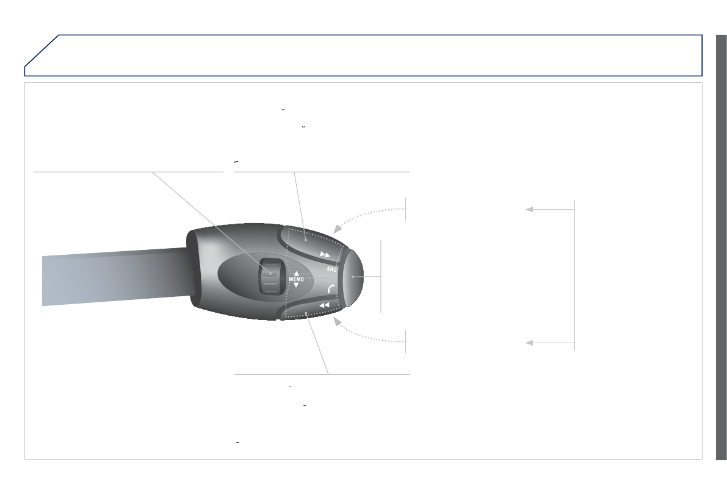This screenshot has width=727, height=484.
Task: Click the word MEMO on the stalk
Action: tap(296, 279)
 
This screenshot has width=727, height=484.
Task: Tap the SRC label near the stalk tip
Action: tap(331, 269)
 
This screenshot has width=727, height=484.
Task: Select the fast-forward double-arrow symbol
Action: tap(325, 255)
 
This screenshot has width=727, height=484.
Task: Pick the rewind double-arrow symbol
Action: tap(325, 305)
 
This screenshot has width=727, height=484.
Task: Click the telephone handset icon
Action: tap(331, 289)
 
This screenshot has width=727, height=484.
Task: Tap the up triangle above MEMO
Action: tap(296, 273)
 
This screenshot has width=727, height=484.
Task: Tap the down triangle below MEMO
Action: tap(296, 285)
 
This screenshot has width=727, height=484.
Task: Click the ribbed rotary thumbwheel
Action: tap(270, 277)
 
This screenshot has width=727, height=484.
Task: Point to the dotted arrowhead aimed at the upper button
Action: tap(338, 228)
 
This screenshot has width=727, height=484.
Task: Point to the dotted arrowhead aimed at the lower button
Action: tap(338, 322)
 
